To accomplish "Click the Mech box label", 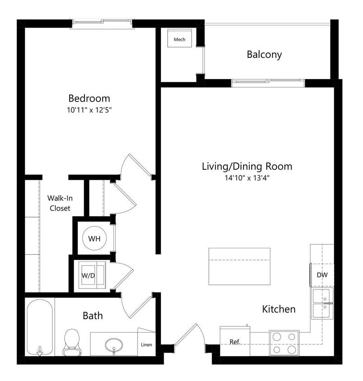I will (179, 39).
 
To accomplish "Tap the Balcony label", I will (264, 55).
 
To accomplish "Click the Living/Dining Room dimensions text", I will (247, 178).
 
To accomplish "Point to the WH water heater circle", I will (94, 238).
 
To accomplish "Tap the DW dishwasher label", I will (322, 275).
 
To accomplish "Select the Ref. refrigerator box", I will (235, 341).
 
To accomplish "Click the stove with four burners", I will (284, 343).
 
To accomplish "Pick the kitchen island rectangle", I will (239, 266).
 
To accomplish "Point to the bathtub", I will (40, 327).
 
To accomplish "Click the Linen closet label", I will (146, 345).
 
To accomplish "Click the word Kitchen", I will (279, 309).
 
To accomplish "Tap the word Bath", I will (92, 315).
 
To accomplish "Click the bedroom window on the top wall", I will (102, 23).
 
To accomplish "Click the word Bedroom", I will (89, 98).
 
